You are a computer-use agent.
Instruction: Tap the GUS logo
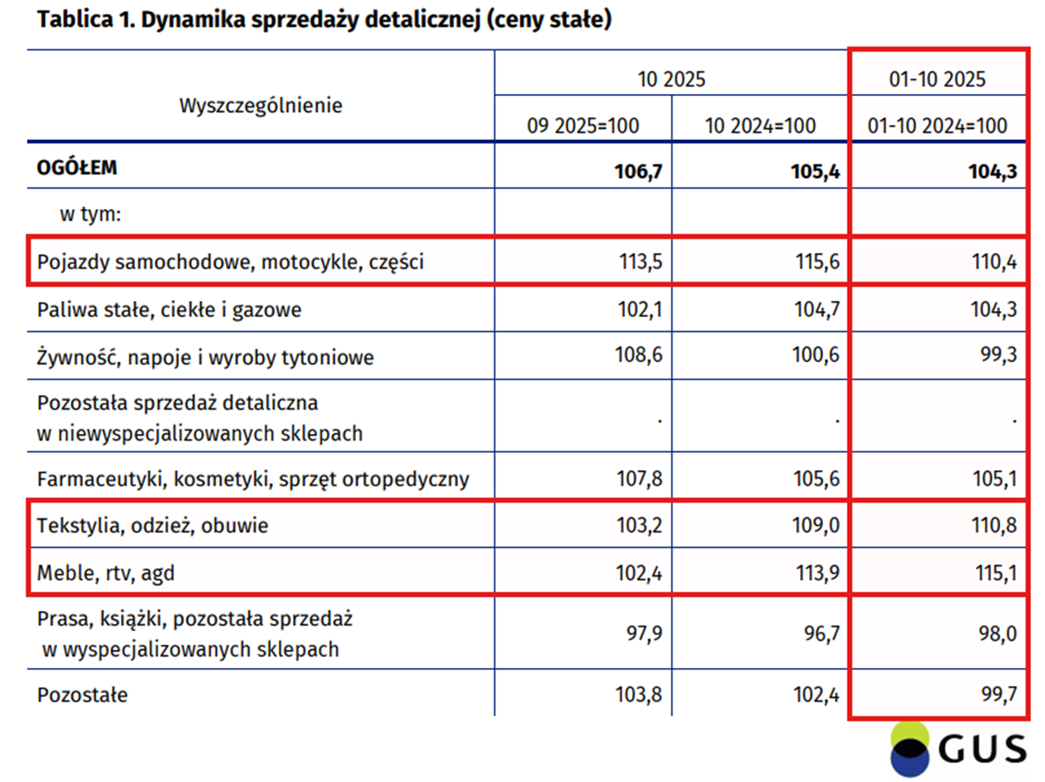[x=959, y=748]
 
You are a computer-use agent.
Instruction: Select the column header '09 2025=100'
[x=583, y=125]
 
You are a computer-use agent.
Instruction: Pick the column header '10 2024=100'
[x=761, y=125]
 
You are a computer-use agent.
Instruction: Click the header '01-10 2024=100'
[x=939, y=125]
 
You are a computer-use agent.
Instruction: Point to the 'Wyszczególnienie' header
[x=261, y=105]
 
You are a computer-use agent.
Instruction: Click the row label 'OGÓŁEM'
[x=77, y=168]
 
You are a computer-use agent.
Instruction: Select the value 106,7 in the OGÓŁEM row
[x=638, y=172]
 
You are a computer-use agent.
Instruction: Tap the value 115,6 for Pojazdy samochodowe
[x=816, y=263]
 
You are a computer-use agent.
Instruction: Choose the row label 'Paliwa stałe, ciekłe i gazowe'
[x=169, y=308]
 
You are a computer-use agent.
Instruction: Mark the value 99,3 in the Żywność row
[x=997, y=356]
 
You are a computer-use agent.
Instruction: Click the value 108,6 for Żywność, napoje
[x=638, y=356]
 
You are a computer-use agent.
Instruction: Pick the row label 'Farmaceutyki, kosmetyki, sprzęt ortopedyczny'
[x=252, y=479]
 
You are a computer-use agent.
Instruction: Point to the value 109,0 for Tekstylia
[x=816, y=525]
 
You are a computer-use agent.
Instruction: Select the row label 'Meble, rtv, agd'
[x=105, y=572]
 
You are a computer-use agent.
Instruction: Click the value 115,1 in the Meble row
[x=993, y=572]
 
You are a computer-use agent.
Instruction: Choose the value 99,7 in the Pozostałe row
[x=997, y=693]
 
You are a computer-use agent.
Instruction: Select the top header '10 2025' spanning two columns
[x=672, y=79]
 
